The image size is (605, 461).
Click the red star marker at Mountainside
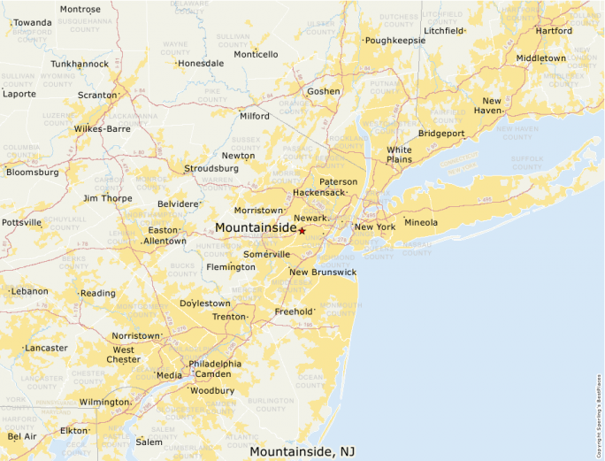302,231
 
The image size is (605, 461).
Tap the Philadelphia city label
215,364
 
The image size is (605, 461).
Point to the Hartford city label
554,30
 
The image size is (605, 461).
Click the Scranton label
96,95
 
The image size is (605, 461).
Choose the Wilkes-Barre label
102,128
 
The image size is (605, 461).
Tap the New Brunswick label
323,272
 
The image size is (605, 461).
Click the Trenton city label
228,316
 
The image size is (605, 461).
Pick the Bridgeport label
441,134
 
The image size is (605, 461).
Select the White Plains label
399,155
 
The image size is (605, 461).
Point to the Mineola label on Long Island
421,222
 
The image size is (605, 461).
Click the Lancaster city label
46,348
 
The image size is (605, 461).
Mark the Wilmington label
103,402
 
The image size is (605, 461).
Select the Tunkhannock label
80,64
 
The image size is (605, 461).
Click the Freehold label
294,311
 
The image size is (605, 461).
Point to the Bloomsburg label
33,173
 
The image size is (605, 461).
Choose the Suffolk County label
527,163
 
